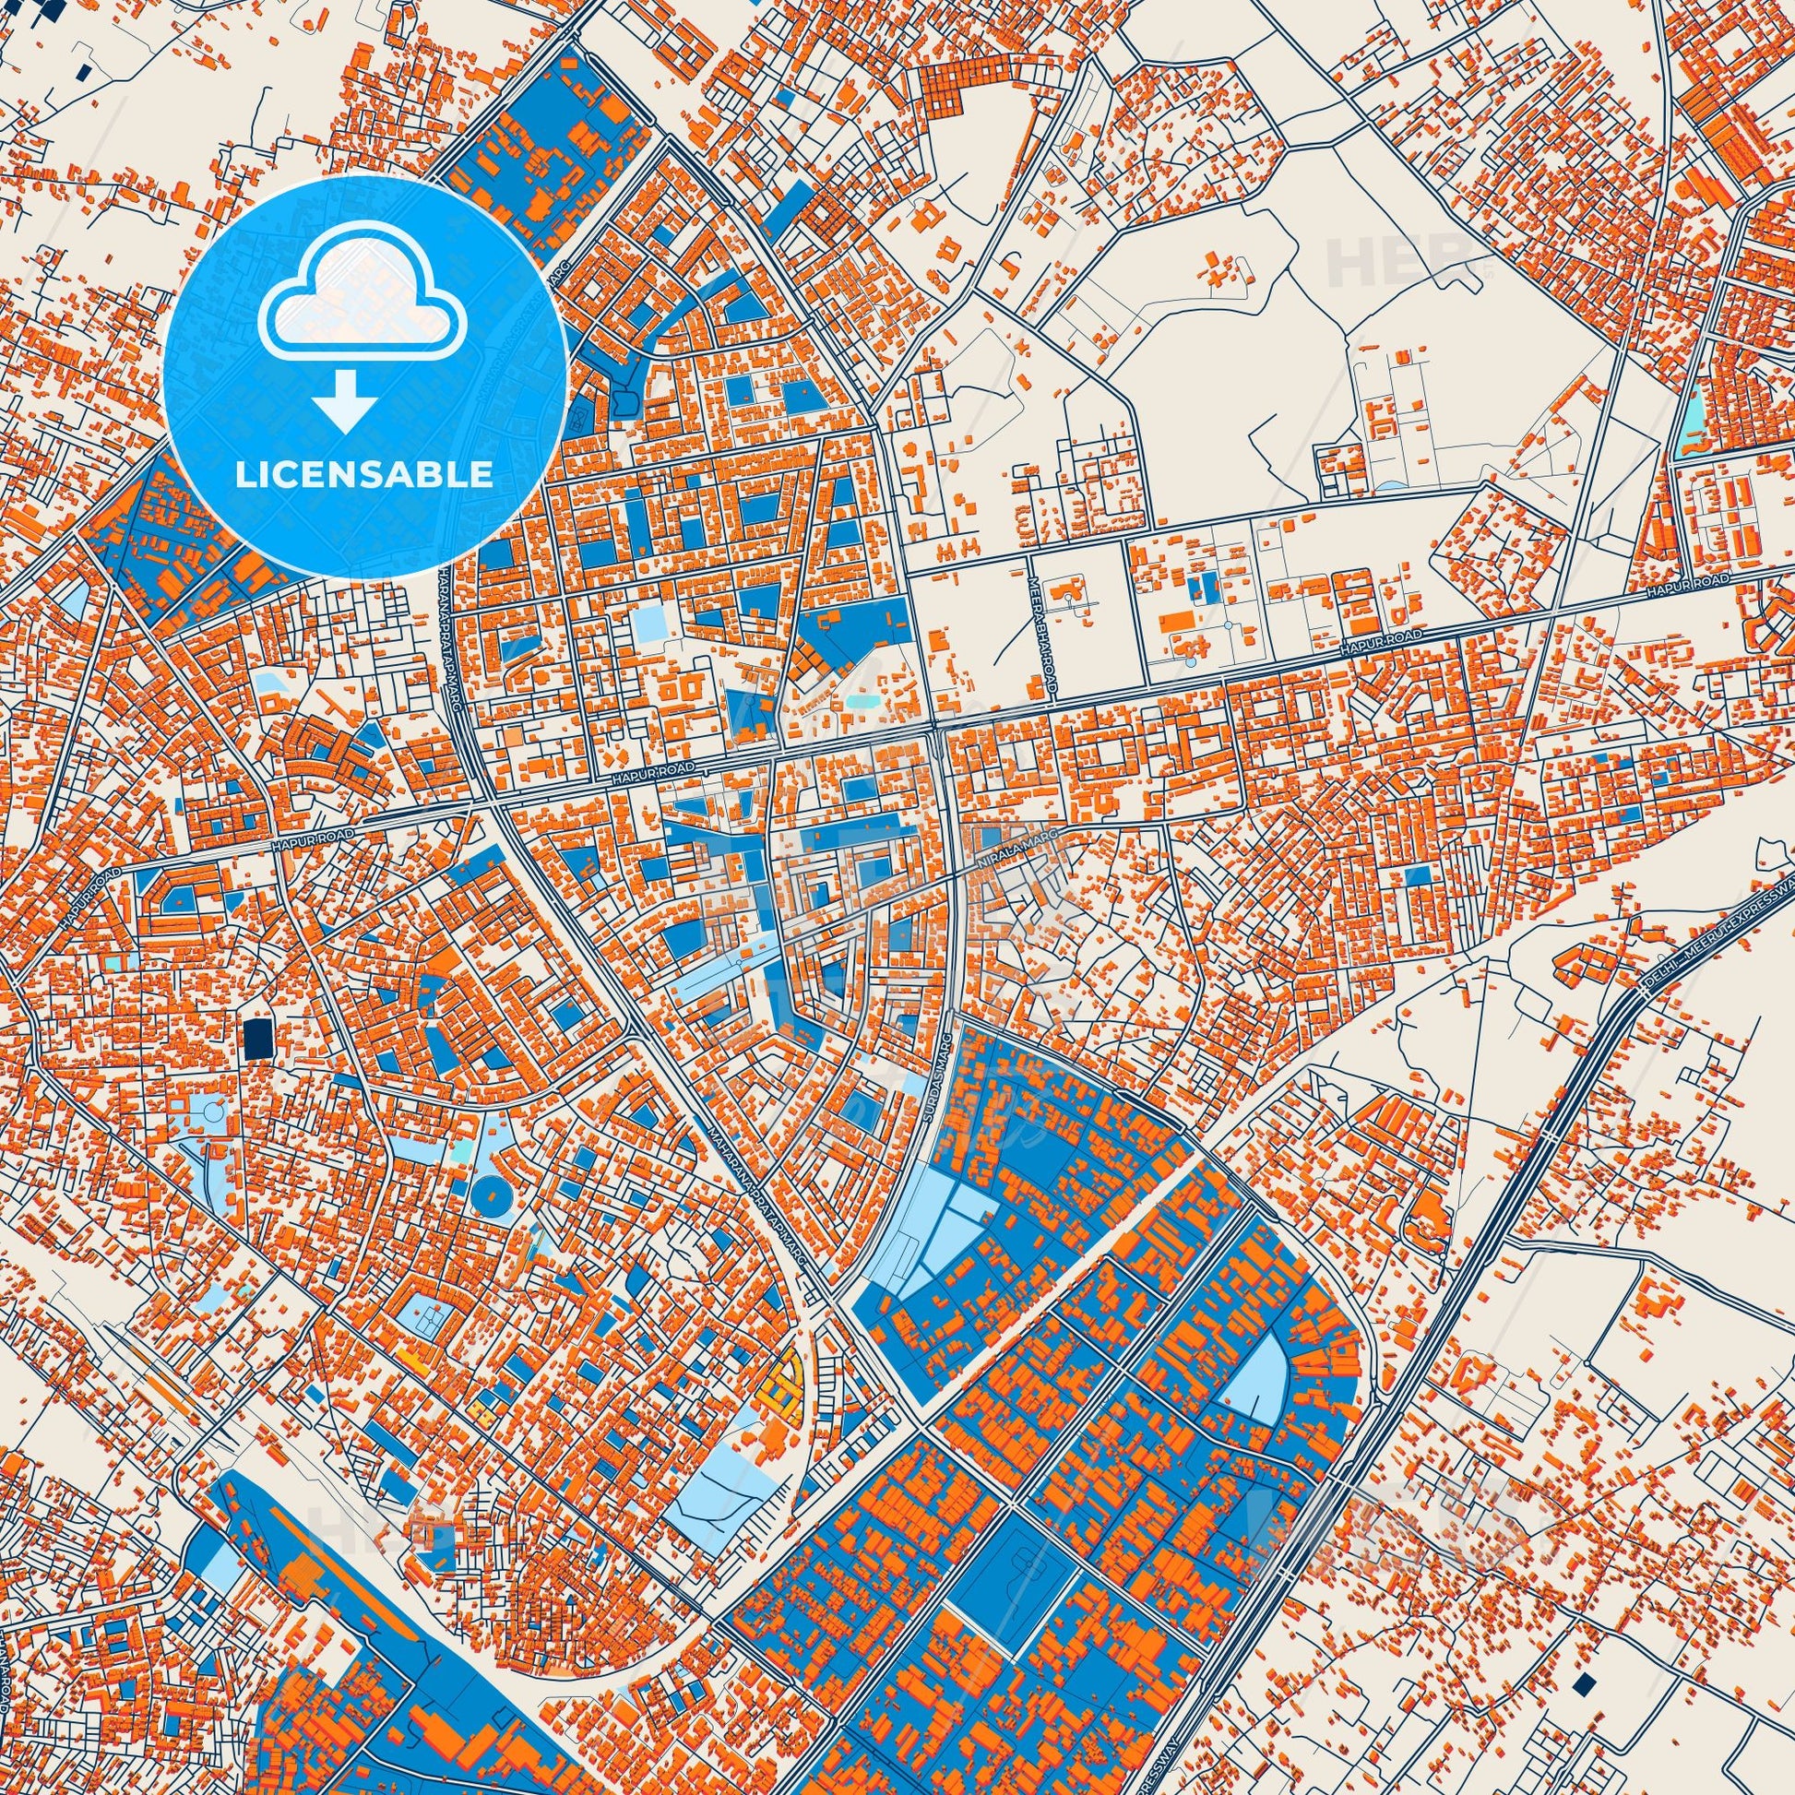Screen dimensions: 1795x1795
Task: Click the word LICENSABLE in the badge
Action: point(363,474)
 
